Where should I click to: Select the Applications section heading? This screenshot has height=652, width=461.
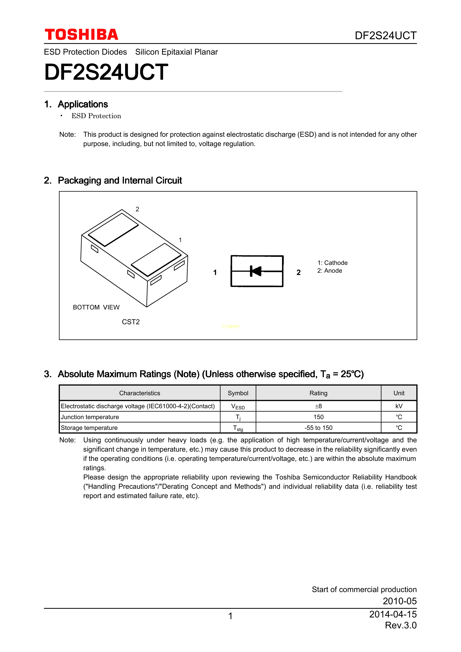pyautogui.click(x=83, y=104)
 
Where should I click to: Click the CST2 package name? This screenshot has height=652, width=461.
pyautogui.click(x=131, y=322)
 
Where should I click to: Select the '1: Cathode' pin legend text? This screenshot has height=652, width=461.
pyautogui.click(x=332, y=263)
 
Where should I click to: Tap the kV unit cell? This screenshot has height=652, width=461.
pyautogui.click(x=399, y=406)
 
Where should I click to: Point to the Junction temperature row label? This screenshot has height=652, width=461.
pyautogui.click(x=90, y=417)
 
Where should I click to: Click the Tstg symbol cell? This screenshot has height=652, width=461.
pyautogui.click(x=238, y=428)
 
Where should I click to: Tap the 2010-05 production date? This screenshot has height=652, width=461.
pyautogui.click(x=399, y=601)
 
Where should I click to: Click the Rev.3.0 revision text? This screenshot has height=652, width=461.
pyautogui.click(x=401, y=625)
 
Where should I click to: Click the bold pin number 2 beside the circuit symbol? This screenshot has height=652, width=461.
pyautogui.click(x=299, y=273)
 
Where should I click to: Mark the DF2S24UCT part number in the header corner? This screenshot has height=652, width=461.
pyautogui.click(x=386, y=35)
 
